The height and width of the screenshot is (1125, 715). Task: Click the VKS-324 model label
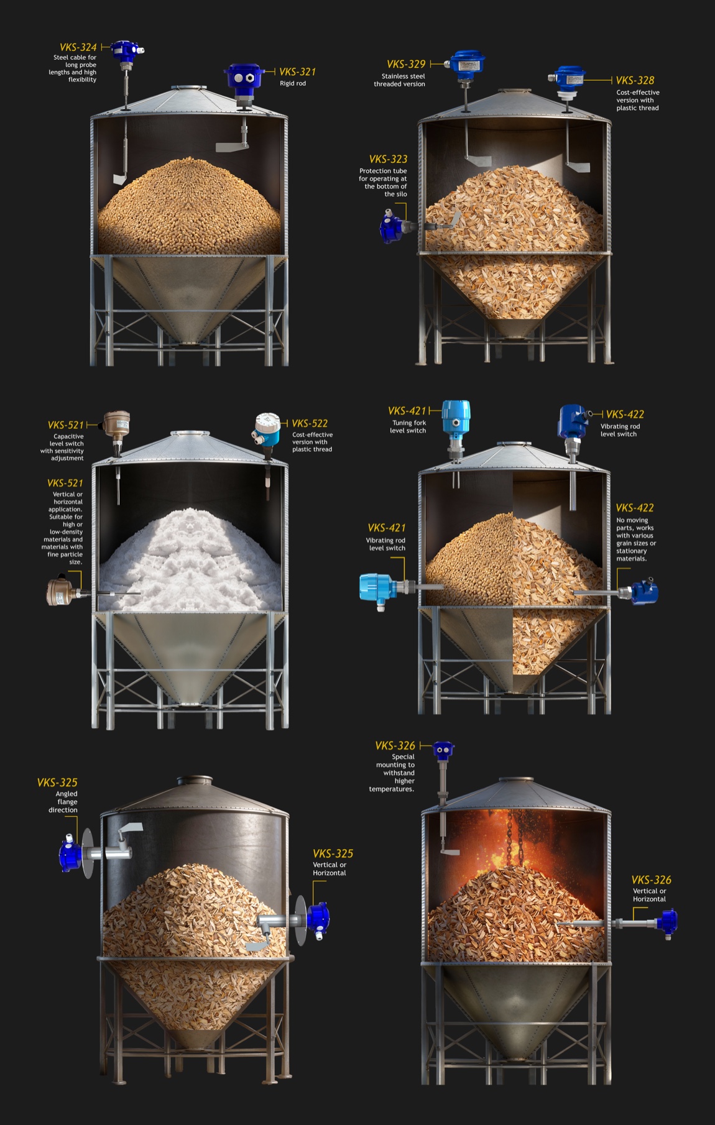click(78, 47)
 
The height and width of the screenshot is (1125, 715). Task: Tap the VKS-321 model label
click(297, 71)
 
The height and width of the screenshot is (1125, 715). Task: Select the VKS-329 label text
click(406, 64)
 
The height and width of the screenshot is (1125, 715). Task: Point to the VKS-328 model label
click(635, 80)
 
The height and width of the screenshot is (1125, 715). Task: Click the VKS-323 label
click(388, 159)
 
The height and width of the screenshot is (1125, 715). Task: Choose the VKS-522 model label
click(310, 423)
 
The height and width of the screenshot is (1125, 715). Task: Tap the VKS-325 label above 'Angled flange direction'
click(57, 783)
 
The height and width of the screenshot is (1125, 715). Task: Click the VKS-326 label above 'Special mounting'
click(395, 745)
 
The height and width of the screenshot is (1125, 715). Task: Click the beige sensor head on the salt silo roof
click(116, 423)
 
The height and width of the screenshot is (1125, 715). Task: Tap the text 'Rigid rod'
click(293, 83)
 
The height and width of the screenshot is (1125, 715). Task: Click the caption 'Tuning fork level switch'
click(408, 426)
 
